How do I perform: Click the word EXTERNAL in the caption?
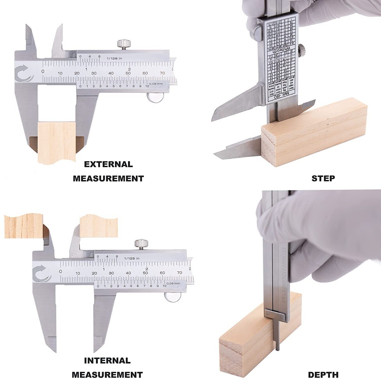pos(108,164)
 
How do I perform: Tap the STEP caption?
pos(323,178)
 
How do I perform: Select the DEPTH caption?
pos(323,375)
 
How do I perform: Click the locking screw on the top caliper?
pos(124,44)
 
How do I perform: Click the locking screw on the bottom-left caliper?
pos(141,244)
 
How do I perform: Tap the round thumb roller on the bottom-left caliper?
pos(172,297)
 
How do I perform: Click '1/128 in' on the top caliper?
pos(114,58)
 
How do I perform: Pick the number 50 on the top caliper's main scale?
pos(128,73)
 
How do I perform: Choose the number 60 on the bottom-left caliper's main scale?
pos(162,273)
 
